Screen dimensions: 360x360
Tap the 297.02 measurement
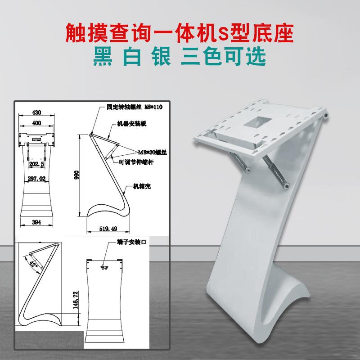(x=36, y=178)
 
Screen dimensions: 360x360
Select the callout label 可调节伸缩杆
(x=136, y=162)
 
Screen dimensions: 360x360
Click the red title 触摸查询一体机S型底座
(x=180, y=32)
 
